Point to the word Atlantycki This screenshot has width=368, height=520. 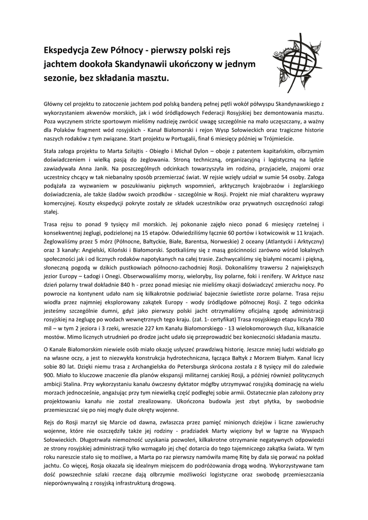pyautogui.click(x=271, y=242)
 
